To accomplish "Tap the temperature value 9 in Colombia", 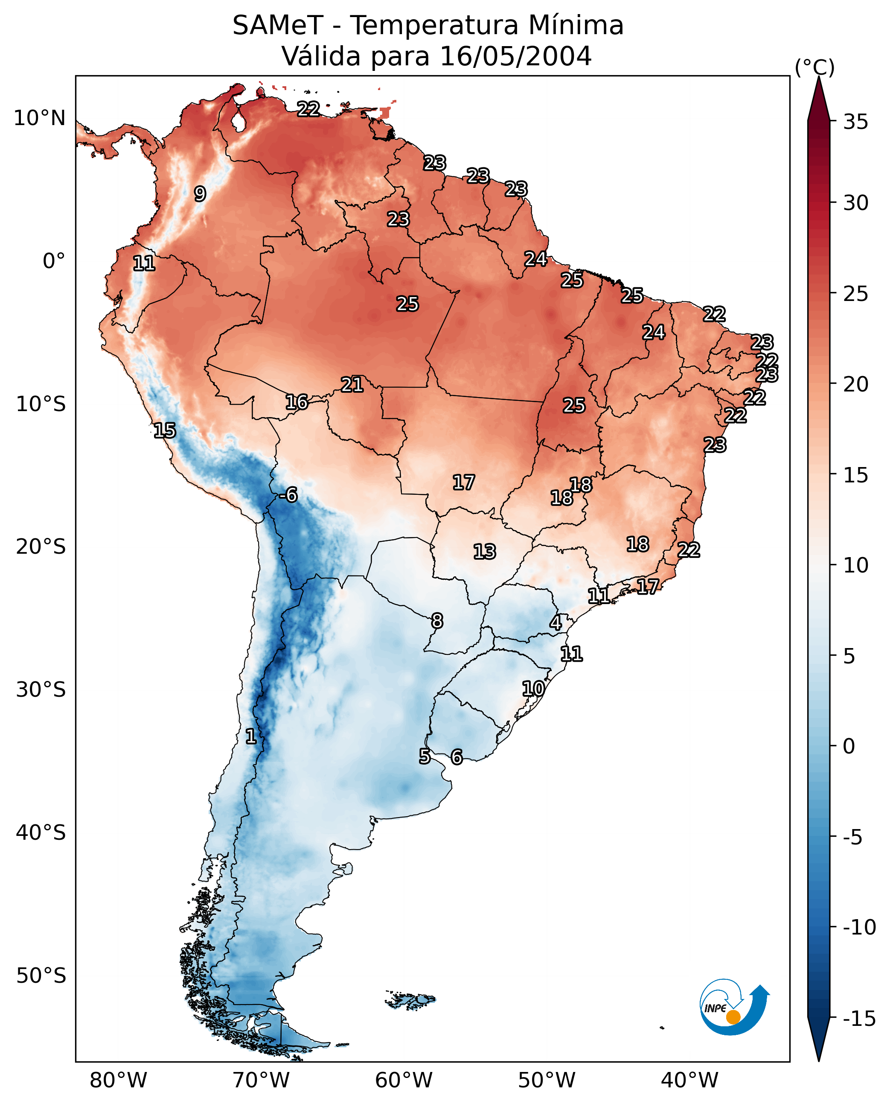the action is point(200,194).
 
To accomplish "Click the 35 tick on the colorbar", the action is point(855,122).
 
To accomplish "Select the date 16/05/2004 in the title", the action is point(516,56).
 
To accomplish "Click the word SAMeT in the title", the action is point(278,25).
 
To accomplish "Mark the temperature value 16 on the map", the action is point(297,402).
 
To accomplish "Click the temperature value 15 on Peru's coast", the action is point(165,430).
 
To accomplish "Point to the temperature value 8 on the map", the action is point(437,621).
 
